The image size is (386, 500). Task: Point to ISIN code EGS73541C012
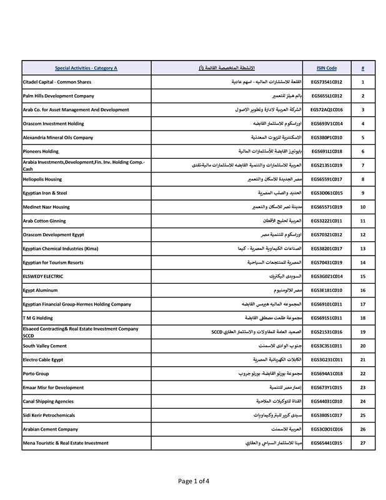click(327, 82)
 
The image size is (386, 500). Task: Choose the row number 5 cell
click(362, 137)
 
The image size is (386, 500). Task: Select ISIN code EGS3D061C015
click(327, 193)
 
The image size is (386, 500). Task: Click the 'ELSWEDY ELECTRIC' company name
click(45, 276)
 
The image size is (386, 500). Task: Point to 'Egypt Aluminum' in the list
click(43, 291)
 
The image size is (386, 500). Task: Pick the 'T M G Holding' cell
click(37, 318)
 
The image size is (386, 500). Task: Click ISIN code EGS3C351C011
click(327, 346)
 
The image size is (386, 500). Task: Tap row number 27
click(362, 443)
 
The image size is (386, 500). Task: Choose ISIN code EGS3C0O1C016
click(327, 429)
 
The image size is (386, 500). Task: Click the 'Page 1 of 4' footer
click(193, 481)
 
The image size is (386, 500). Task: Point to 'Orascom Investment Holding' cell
click(53, 124)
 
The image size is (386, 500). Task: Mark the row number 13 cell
click(362, 249)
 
